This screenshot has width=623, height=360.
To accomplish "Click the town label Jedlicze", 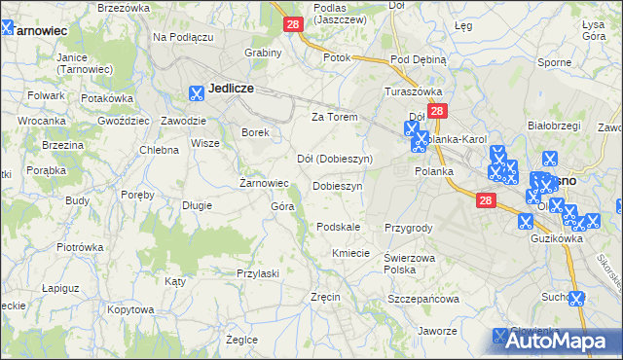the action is (x=231, y=88).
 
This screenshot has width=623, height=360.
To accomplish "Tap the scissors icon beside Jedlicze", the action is (x=197, y=93).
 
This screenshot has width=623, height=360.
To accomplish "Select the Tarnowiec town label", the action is (x=40, y=30).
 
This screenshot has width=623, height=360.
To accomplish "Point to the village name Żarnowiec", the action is (x=264, y=182).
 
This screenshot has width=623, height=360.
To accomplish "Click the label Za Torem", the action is (x=334, y=117).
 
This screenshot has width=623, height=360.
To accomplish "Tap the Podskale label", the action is (x=339, y=227).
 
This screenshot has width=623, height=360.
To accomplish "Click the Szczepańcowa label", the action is (x=423, y=299).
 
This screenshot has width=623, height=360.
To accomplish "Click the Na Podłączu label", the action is (x=182, y=37).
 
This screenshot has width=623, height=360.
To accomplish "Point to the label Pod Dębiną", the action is (x=418, y=59).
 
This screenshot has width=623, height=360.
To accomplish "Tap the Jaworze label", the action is (x=437, y=331).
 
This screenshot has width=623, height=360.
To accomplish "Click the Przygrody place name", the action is (x=408, y=227).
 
